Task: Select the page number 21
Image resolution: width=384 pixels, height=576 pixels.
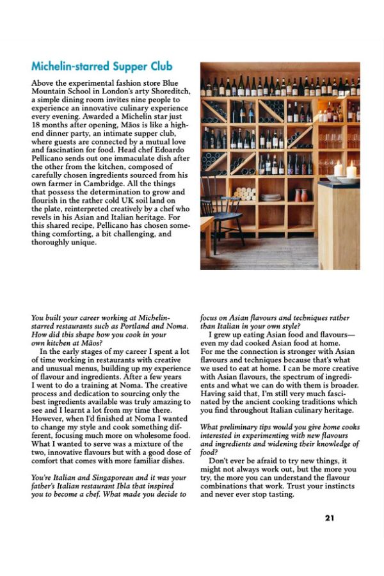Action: (329, 518)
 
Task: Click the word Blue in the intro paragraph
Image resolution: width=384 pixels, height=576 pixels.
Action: (168, 83)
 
